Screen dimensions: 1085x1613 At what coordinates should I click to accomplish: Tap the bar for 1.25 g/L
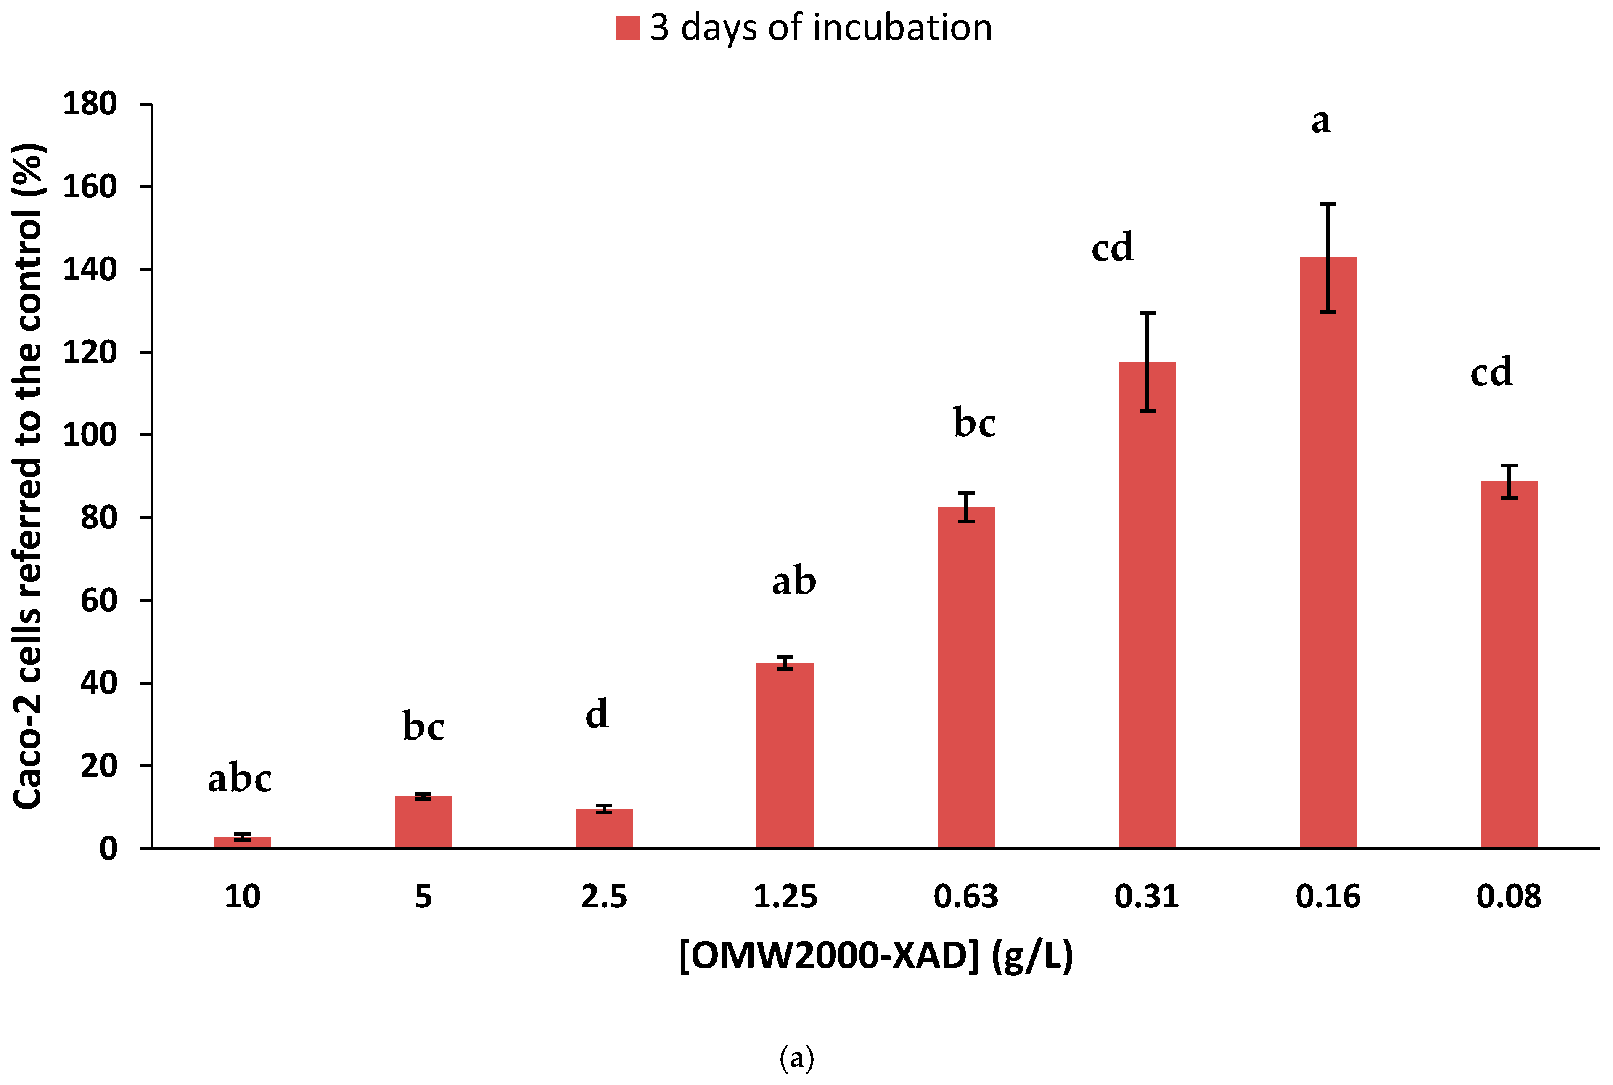pos(784,755)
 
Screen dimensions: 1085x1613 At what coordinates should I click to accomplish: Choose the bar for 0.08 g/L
pos(1509,664)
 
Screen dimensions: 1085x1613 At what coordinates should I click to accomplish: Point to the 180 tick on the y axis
pos(90,104)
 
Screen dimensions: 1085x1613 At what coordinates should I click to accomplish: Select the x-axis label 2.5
pos(604,897)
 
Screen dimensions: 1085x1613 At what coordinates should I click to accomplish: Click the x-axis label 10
pos(242,897)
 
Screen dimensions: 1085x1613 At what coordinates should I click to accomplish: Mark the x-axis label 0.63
pos(965,897)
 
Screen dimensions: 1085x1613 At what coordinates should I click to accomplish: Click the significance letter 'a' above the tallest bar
pos(1320,122)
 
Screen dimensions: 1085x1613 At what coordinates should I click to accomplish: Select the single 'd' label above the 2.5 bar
pos(597,714)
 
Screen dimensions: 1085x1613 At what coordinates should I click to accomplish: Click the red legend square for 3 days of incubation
pos(627,28)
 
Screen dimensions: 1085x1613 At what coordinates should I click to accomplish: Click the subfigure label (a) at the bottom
pos(797,1058)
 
